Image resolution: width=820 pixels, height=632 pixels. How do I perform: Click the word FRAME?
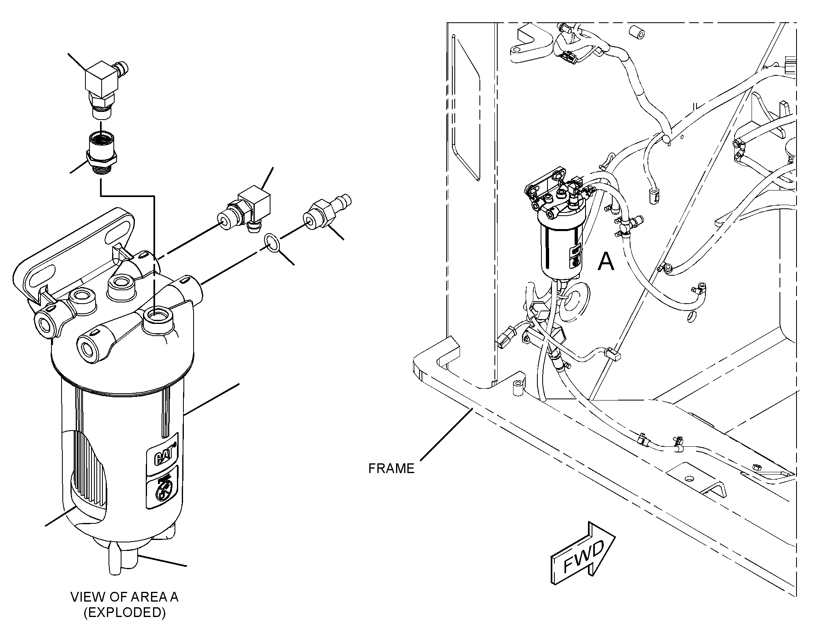pos(391,469)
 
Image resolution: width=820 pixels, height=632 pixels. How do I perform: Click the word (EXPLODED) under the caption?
pos(125,613)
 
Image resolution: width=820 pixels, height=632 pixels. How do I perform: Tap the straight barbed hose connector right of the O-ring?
pos(326,212)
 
